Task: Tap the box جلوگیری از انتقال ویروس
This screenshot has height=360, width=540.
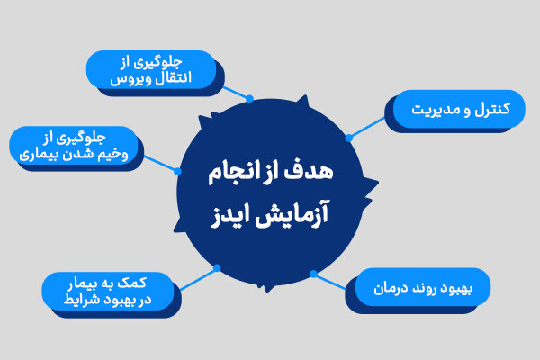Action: click(150, 69)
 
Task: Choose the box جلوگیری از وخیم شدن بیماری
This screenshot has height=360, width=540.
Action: click(73, 146)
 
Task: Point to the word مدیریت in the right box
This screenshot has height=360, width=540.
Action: click(435, 110)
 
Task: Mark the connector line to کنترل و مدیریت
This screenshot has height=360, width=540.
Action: click(367, 128)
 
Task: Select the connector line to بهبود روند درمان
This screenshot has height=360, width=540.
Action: click(330, 281)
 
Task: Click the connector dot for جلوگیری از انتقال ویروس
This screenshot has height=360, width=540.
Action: click(250, 98)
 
